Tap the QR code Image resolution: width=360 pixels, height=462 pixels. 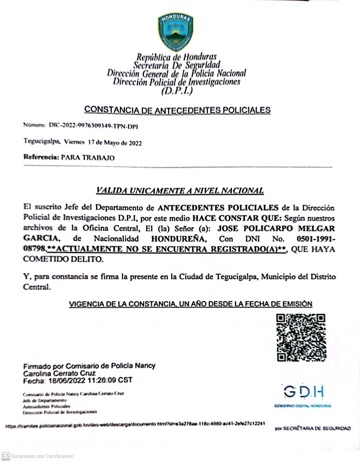(300, 338)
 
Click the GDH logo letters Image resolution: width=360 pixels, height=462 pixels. (304, 393)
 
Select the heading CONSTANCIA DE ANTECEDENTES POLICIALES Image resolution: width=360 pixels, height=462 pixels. (177, 110)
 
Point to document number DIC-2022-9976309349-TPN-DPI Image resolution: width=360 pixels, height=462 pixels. (94, 126)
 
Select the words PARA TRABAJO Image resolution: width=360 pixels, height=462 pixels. (88, 158)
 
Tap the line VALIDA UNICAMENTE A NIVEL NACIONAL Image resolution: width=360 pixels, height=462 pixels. (180, 191)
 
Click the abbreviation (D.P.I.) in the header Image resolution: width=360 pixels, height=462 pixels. (177, 91)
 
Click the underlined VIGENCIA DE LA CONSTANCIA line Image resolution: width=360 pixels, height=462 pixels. (191, 305)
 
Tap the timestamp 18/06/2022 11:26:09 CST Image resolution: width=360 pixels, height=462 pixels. (90, 381)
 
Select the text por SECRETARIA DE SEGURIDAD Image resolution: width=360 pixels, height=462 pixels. (313, 428)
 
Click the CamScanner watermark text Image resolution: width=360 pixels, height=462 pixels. (43, 456)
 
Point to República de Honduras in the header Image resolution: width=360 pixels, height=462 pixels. (176, 57)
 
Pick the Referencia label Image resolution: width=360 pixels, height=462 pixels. (41, 158)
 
